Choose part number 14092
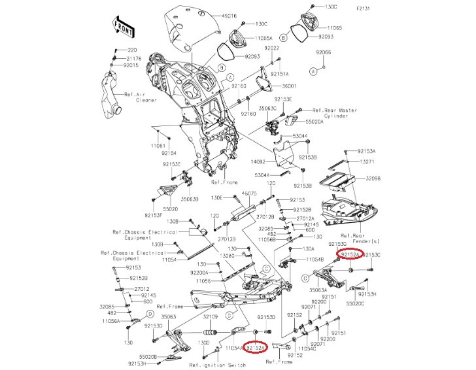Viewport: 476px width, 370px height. (x=260, y=160)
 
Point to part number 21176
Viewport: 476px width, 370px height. (x=133, y=58)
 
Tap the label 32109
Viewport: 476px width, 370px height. (x=210, y=316)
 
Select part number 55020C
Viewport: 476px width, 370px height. (x=356, y=304)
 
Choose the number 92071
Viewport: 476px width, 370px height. (x=318, y=343)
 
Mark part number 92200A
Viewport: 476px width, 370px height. (x=199, y=272)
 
